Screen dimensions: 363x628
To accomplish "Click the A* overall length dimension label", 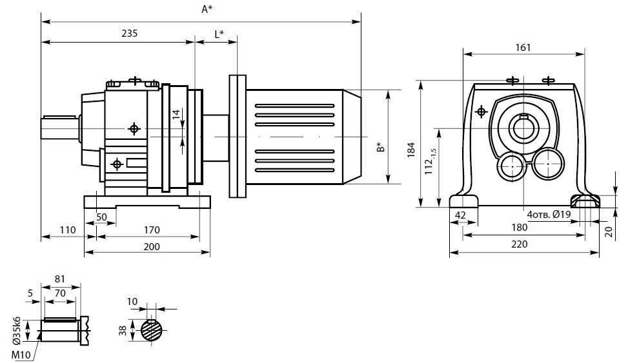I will (206, 10).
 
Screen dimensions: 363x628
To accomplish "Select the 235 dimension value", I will (129, 34).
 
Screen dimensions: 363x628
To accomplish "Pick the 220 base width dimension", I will (520, 244).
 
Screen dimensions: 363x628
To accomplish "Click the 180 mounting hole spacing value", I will (519, 228).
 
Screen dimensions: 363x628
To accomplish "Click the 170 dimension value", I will (152, 230).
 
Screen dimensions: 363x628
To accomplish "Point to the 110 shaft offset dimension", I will (68, 230).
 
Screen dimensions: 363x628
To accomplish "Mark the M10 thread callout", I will (20, 354).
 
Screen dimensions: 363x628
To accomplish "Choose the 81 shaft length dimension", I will (60, 279).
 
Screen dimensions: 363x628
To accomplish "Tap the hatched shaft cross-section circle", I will (152, 331).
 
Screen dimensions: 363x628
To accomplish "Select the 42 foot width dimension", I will (460, 215).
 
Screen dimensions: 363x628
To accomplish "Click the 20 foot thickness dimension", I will (609, 231).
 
